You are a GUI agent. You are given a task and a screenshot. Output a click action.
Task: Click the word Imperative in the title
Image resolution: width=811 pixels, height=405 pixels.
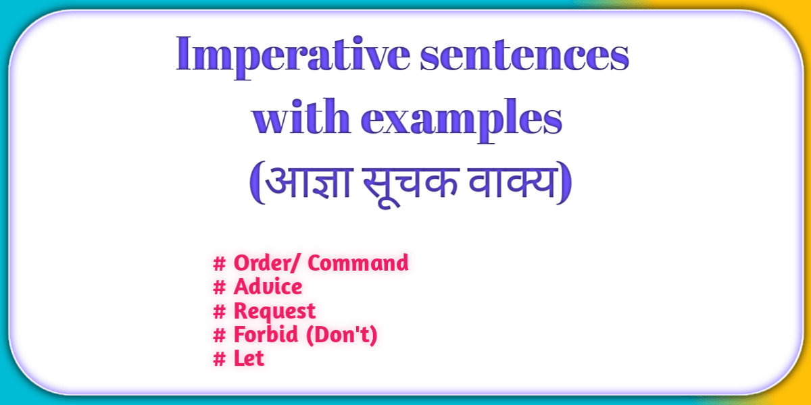click(x=291, y=56)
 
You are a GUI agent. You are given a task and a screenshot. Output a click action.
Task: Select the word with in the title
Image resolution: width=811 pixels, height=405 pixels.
click(x=300, y=119)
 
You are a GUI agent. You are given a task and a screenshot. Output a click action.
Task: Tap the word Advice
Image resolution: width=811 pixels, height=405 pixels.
click(x=268, y=287)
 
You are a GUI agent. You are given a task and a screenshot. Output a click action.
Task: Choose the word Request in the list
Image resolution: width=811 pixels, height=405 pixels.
click(x=274, y=311)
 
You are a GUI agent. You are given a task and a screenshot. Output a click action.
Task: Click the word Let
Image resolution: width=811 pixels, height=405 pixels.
click(x=249, y=358)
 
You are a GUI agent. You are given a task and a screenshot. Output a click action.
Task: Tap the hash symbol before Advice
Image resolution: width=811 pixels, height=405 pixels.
click(x=219, y=287)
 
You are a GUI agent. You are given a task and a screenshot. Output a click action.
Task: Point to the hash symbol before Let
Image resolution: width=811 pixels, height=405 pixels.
click(x=219, y=358)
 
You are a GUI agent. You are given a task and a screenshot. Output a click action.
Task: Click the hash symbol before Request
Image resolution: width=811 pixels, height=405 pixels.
click(x=219, y=311)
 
